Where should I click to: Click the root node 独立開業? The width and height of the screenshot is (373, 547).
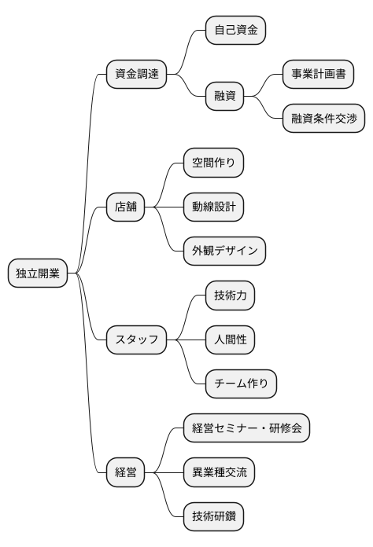coord(38,273)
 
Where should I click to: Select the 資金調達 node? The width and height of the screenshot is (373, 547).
coord(136,75)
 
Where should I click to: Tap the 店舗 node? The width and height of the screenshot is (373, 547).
coord(125,207)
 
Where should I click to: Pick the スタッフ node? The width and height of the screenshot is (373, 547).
coord(136,340)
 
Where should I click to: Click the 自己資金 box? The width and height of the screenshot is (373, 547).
coord(235,31)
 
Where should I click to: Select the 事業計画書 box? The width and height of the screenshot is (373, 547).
coord(318,75)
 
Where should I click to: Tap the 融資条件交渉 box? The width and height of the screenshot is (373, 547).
coord(323,119)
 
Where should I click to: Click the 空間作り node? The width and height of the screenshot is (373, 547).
coord(213,163)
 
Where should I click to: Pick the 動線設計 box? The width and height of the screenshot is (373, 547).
coord(213,207)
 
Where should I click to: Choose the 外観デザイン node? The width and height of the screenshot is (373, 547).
coord(224,251)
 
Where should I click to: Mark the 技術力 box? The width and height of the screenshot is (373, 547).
coord(230,296)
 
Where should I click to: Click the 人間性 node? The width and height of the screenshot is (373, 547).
coord(230,340)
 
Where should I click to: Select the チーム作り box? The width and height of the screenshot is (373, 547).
coord(241,384)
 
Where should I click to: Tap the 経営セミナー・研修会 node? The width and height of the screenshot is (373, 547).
coord(246,429)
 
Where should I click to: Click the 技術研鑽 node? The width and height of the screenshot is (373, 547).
coord(213,517)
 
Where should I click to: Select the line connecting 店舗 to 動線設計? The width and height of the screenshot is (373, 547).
coord(164,207)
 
